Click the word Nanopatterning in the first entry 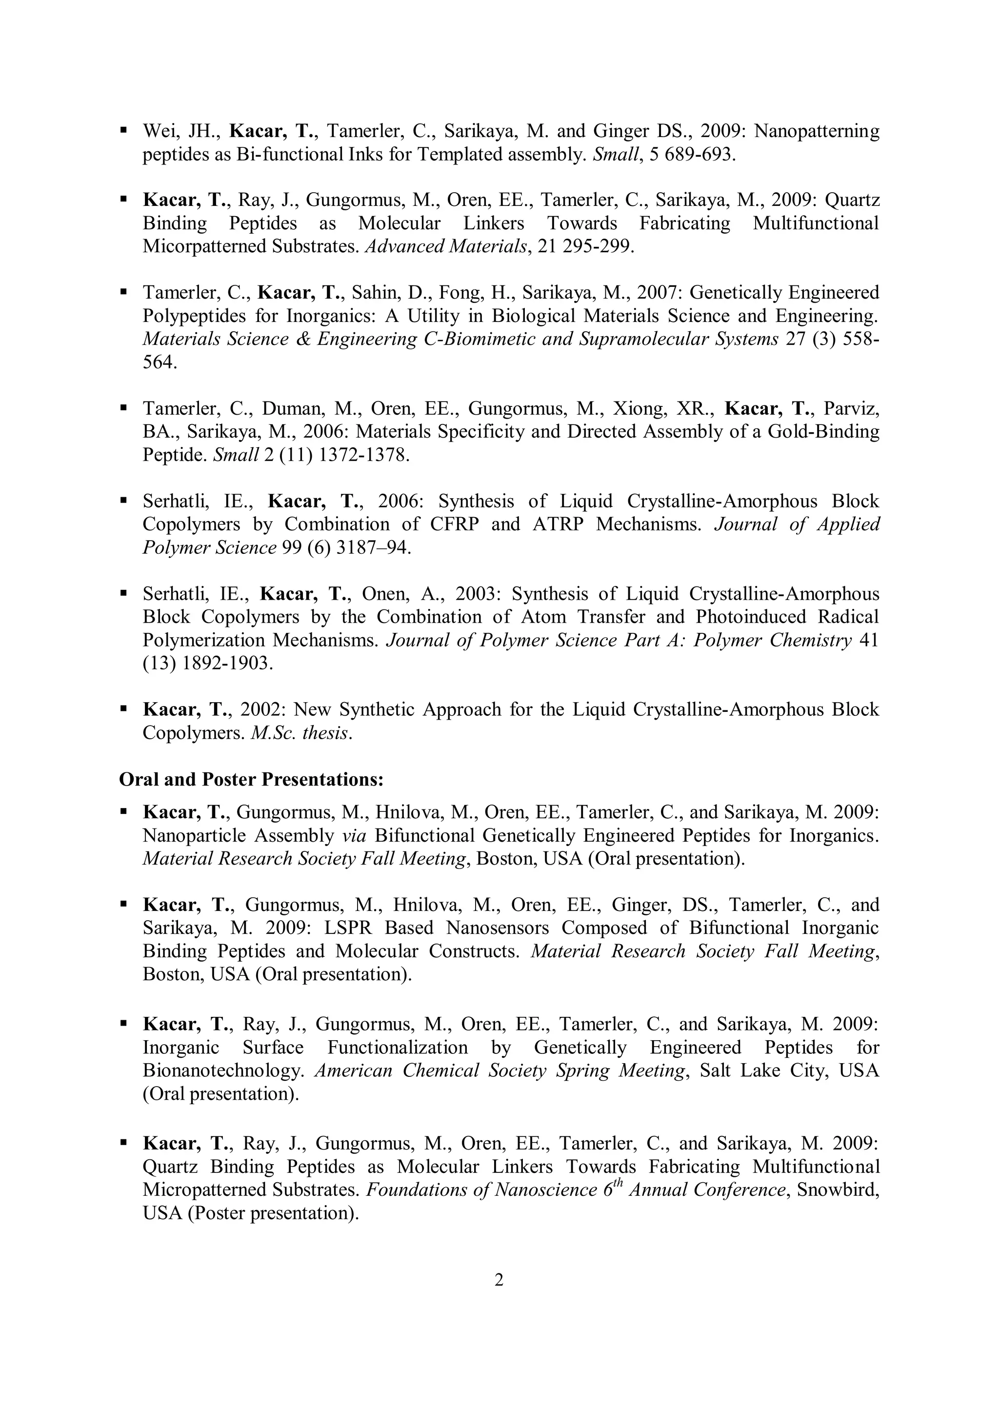817,131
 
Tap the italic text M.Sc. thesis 301,733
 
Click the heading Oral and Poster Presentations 251,780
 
